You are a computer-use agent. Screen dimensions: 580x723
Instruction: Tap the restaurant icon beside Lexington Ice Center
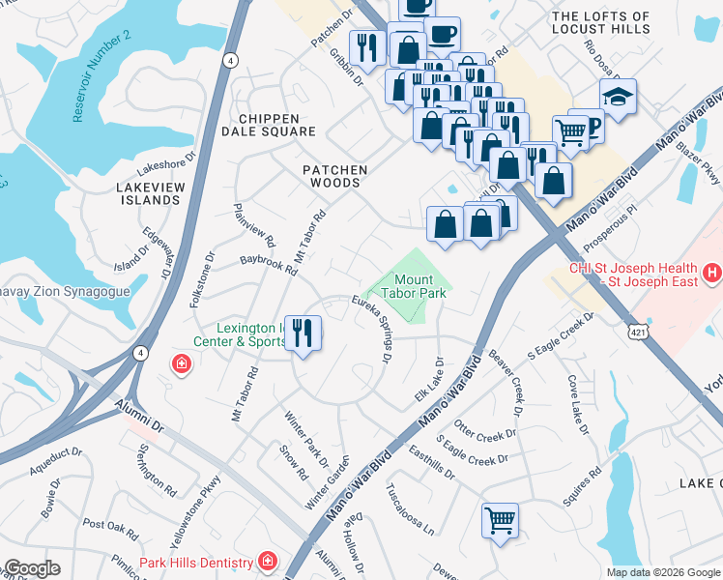(304, 333)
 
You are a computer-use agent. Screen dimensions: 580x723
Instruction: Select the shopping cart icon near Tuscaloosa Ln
(500, 520)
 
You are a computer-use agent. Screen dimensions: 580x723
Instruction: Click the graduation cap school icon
(618, 97)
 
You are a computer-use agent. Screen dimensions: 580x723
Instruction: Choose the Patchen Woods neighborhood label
(335, 177)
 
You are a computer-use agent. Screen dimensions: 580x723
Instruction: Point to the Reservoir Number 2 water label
(101, 76)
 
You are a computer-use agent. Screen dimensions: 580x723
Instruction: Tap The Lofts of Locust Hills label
(614, 24)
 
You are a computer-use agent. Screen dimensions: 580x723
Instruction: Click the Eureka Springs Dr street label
(374, 329)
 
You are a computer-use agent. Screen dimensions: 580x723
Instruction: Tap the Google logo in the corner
(32, 569)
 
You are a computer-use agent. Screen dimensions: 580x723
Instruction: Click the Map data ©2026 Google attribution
(663, 572)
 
